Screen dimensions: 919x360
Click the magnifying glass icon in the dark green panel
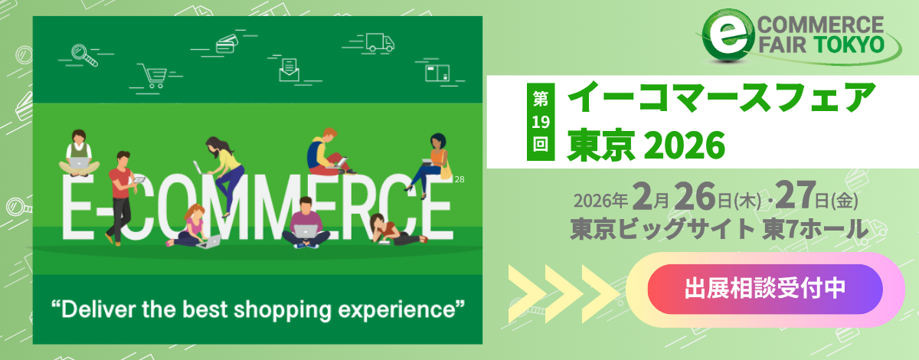84,55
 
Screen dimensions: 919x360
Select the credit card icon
227,44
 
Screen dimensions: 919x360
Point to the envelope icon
289,70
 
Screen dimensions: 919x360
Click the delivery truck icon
380,43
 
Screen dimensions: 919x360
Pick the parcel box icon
437,73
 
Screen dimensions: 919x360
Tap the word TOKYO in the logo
849,44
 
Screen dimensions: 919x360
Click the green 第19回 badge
541,122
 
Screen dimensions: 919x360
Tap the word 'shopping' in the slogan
283,310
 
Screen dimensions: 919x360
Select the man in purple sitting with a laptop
306,223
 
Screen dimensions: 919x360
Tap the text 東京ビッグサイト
662,229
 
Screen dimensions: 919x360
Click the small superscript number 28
459,179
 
